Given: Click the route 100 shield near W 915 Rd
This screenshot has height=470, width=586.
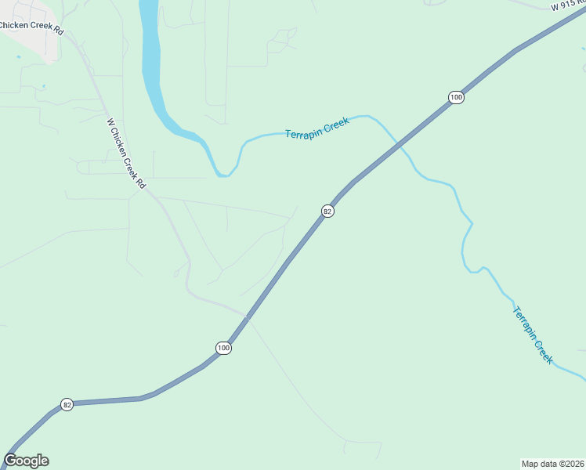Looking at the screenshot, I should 457,97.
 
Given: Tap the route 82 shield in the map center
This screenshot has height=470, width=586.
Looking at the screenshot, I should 327,211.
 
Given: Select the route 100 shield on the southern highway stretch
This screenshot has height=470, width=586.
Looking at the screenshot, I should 224,348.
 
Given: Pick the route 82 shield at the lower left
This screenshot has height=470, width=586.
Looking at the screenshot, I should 67,404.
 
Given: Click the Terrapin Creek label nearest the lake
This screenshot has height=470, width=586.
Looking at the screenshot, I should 317,129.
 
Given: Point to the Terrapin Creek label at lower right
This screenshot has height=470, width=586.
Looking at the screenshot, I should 533,334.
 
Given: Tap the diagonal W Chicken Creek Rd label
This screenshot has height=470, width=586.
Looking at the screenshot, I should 126,153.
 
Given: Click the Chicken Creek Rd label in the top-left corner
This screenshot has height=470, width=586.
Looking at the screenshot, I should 31,25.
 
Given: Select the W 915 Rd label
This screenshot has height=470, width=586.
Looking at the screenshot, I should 567,5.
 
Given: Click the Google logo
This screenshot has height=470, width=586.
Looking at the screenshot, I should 27,461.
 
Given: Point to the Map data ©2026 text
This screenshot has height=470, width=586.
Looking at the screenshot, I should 553,463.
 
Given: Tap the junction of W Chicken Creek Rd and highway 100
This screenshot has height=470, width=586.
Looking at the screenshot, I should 246,317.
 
